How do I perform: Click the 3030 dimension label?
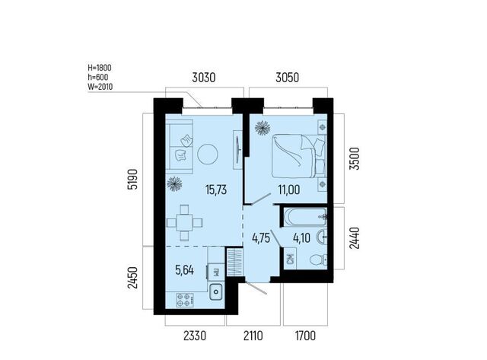(203, 78)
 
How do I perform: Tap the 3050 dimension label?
(288, 78)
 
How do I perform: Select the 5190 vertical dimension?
(133, 179)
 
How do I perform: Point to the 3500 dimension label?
(355, 158)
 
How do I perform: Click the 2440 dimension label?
(355, 238)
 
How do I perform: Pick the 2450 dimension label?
(133, 277)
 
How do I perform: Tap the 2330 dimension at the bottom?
(195, 336)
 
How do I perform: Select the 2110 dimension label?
(253, 336)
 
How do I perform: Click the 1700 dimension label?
(305, 336)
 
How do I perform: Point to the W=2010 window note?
(100, 87)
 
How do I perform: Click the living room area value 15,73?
(216, 190)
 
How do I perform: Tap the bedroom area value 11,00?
(289, 190)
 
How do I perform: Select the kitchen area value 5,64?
(184, 270)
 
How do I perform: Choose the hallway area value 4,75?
(261, 238)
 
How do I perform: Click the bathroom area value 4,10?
(301, 238)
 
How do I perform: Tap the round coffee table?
(208, 155)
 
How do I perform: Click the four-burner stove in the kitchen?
(185, 300)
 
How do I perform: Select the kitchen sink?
(215, 292)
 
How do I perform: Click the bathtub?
(305, 217)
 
